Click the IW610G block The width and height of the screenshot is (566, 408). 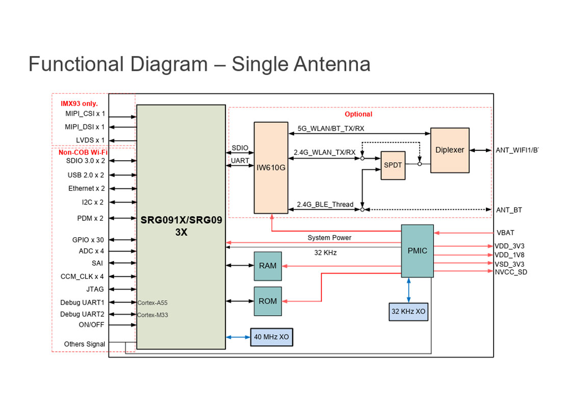[x=271, y=167]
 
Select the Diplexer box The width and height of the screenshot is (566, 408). [x=450, y=150]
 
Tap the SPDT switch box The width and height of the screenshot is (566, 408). [x=393, y=166]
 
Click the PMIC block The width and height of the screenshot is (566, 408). [x=417, y=251]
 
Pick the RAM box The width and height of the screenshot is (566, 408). [x=268, y=266]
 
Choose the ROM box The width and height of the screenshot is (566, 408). [x=268, y=301]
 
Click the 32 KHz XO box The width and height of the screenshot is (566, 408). [x=408, y=311]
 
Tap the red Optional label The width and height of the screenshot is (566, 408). [x=358, y=114]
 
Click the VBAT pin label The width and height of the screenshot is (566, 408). [x=505, y=233]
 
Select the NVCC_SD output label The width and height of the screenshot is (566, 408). [x=510, y=272]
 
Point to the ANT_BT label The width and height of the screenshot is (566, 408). [x=508, y=210]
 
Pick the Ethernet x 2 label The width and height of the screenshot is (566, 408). [x=87, y=188]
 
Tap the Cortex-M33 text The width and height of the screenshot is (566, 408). [x=152, y=315]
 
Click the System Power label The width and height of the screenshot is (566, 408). [x=329, y=238]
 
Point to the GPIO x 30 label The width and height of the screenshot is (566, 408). [x=88, y=240]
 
